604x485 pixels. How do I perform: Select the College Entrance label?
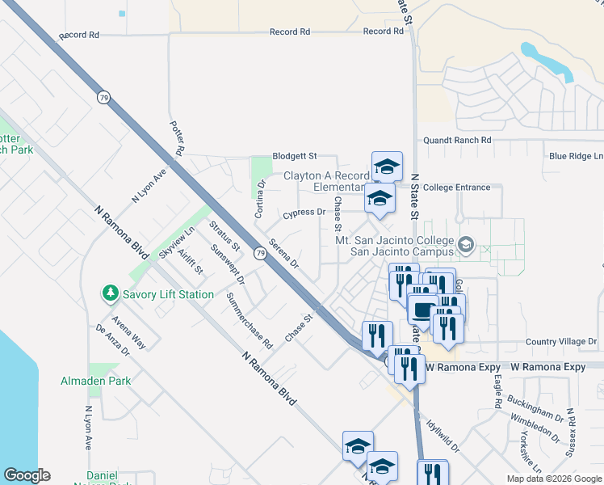click(x=456, y=188)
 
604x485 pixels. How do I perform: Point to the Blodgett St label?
click(x=294, y=155)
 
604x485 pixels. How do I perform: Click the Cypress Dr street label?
click(x=304, y=213)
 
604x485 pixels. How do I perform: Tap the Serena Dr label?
click(x=283, y=253)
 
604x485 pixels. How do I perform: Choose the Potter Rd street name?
click(x=178, y=138)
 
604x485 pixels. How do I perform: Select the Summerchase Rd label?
click(x=250, y=320)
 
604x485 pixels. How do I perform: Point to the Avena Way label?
click(x=129, y=331)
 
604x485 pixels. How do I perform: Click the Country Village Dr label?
click(x=560, y=342)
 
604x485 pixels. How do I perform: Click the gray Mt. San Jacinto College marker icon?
click(x=465, y=244)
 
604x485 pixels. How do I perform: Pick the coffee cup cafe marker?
click(x=422, y=308)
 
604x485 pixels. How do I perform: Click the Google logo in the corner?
click(x=27, y=475)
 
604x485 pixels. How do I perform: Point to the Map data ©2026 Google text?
click(x=555, y=479)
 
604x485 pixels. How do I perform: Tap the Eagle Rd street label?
click(x=497, y=390)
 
